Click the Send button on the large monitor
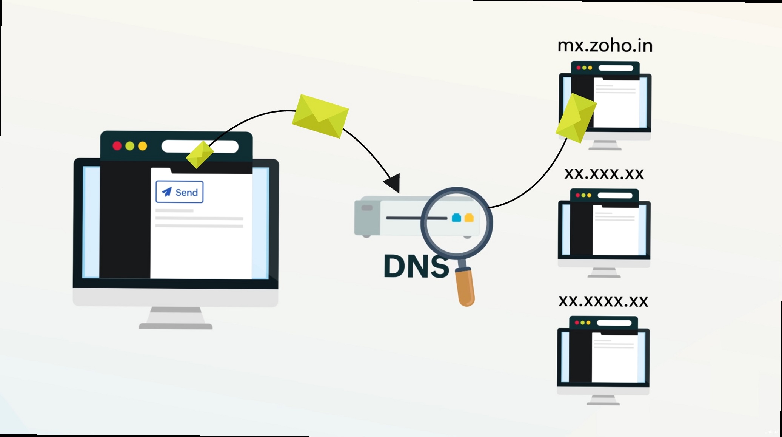coord(180,192)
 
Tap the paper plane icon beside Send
coord(167,192)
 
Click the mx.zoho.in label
coord(605,46)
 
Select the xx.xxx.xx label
coord(604,174)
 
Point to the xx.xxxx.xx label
coord(603,301)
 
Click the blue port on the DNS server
coord(456,218)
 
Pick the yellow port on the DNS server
coord(469,218)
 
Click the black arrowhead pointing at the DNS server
coord(393,183)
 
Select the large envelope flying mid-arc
coord(320,116)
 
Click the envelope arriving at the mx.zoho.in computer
coord(576,117)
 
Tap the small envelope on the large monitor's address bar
coord(200,154)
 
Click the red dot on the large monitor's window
coord(117,146)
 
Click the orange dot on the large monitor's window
coord(143,146)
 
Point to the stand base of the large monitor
coord(175,326)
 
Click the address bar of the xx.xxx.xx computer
coord(615,195)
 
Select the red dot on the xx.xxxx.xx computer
coord(577,323)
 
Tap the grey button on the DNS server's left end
coord(367,208)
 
